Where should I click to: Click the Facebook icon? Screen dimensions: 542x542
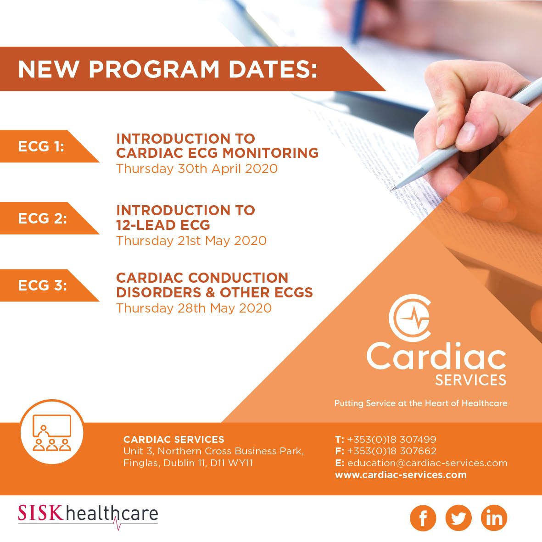(x=423, y=518)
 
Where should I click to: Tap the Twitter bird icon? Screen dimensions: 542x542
(x=458, y=518)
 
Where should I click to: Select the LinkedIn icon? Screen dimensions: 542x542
(x=494, y=518)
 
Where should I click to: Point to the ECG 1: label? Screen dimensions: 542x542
(x=41, y=146)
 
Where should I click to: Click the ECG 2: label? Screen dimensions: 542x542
(x=43, y=218)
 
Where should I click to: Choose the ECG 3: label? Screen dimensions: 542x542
(x=43, y=285)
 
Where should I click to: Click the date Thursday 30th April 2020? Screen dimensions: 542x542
(x=197, y=169)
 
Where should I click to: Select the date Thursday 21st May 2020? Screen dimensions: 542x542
(x=191, y=240)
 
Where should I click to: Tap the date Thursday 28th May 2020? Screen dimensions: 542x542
(x=194, y=308)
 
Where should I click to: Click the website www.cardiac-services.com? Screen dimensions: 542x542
(x=401, y=475)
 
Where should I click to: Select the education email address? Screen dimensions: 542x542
(x=427, y=463)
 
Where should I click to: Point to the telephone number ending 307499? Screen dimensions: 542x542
(x=391, y=439)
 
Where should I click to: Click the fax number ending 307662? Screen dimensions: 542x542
(x=391, y=451)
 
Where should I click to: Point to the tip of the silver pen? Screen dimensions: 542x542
(x=391, y=190)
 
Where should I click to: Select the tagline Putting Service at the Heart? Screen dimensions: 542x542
(x=421, y=403)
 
